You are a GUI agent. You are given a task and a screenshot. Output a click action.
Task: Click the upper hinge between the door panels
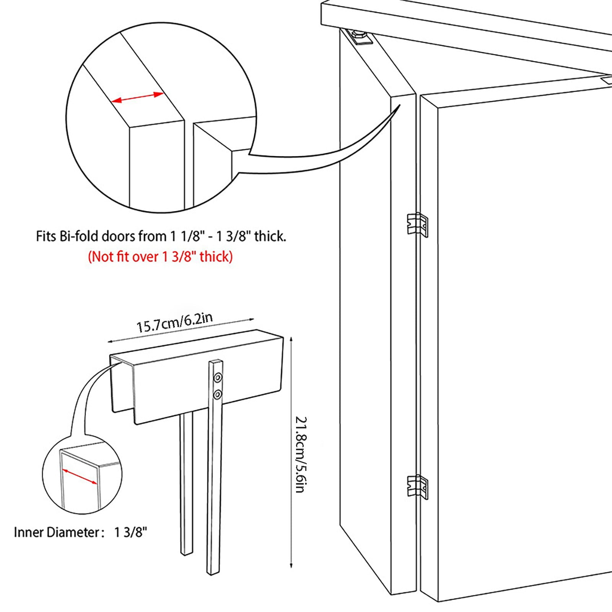pos(417,225)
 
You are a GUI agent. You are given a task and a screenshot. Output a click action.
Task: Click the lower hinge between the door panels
pos(417,487)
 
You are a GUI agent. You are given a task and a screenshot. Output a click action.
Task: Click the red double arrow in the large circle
pos(137,97)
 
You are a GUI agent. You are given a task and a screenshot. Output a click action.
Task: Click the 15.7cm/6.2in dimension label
pos(174,322)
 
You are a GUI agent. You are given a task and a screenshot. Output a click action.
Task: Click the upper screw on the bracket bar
pos(218,378)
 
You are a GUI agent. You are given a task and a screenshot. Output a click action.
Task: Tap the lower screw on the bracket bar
pos(218,394)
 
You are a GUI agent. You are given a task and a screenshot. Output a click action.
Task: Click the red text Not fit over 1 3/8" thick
pos(160,256)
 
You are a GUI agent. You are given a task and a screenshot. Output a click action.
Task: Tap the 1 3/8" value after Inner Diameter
pos(130,532)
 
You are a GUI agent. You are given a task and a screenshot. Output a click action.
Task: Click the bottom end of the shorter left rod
pos(186,552)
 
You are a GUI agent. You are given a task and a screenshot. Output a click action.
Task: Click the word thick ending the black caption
pos(270,236)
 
